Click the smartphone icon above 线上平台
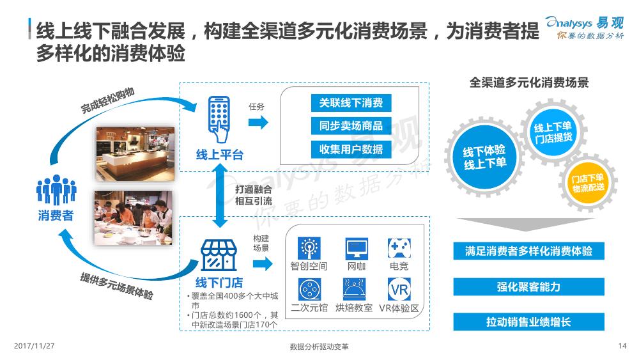click(219, 119)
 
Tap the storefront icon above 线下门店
click(219, 255)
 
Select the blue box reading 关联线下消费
click(351, 103)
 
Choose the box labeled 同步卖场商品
click(351, 126)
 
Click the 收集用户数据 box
click(351, 150)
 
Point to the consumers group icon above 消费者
click(56, 189)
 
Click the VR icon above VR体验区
click(399, 289)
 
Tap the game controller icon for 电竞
click(399, 248)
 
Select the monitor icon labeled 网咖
click(357, 249)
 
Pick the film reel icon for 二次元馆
click(309, 290)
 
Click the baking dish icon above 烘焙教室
click(354, 289)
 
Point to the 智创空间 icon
click(309, 248)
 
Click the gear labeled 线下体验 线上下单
click(484, 157)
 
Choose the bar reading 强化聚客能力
click(528, 287)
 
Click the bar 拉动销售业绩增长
click(528, 322)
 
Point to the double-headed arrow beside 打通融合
click(220, 196)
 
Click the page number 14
click(622, 346)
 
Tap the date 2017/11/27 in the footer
click(35, 346)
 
